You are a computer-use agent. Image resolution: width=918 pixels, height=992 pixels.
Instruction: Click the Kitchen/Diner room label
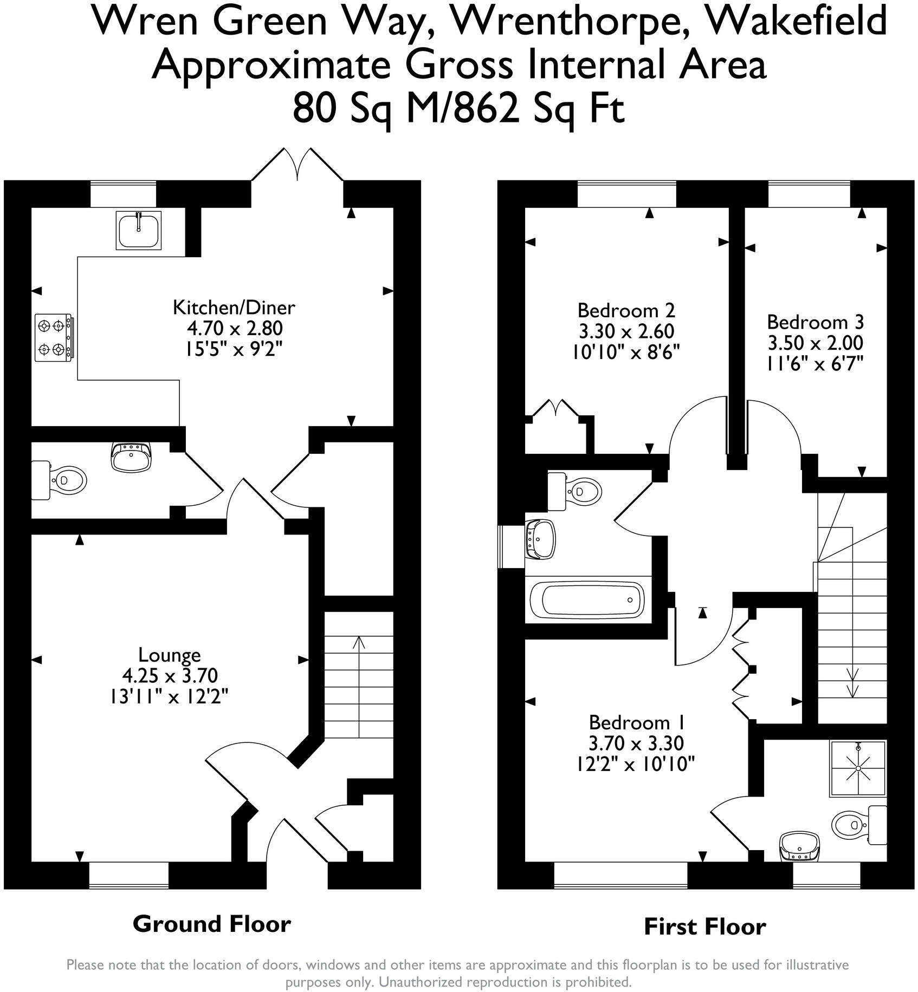tap(234, 308)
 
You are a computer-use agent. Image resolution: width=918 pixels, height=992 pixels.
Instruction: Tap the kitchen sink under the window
tap(139, 230)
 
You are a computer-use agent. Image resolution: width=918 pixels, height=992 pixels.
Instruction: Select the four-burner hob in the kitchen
tap(54, 337)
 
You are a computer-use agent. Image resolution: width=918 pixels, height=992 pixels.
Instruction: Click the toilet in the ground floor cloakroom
tap(60, 480)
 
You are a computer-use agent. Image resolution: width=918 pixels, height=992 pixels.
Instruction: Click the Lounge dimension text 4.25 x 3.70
tap(170, 675)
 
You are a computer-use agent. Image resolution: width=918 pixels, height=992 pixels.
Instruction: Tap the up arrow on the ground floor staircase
tap(359, 643)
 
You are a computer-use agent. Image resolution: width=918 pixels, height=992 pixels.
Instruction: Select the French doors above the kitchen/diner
tap(298, 164)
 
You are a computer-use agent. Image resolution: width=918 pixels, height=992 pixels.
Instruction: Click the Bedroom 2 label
tap(626, 310)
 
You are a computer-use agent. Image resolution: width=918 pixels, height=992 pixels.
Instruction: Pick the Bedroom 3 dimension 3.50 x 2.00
tap(815, 343)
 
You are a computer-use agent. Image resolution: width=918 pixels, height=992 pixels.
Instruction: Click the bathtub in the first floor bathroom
tap(587, 600)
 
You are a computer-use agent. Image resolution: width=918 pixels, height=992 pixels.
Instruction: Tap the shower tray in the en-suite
tap(858, 768)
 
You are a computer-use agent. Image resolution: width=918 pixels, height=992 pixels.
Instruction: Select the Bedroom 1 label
tap(637, 722)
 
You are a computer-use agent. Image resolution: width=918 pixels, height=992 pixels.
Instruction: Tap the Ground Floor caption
tap(212, 924)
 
